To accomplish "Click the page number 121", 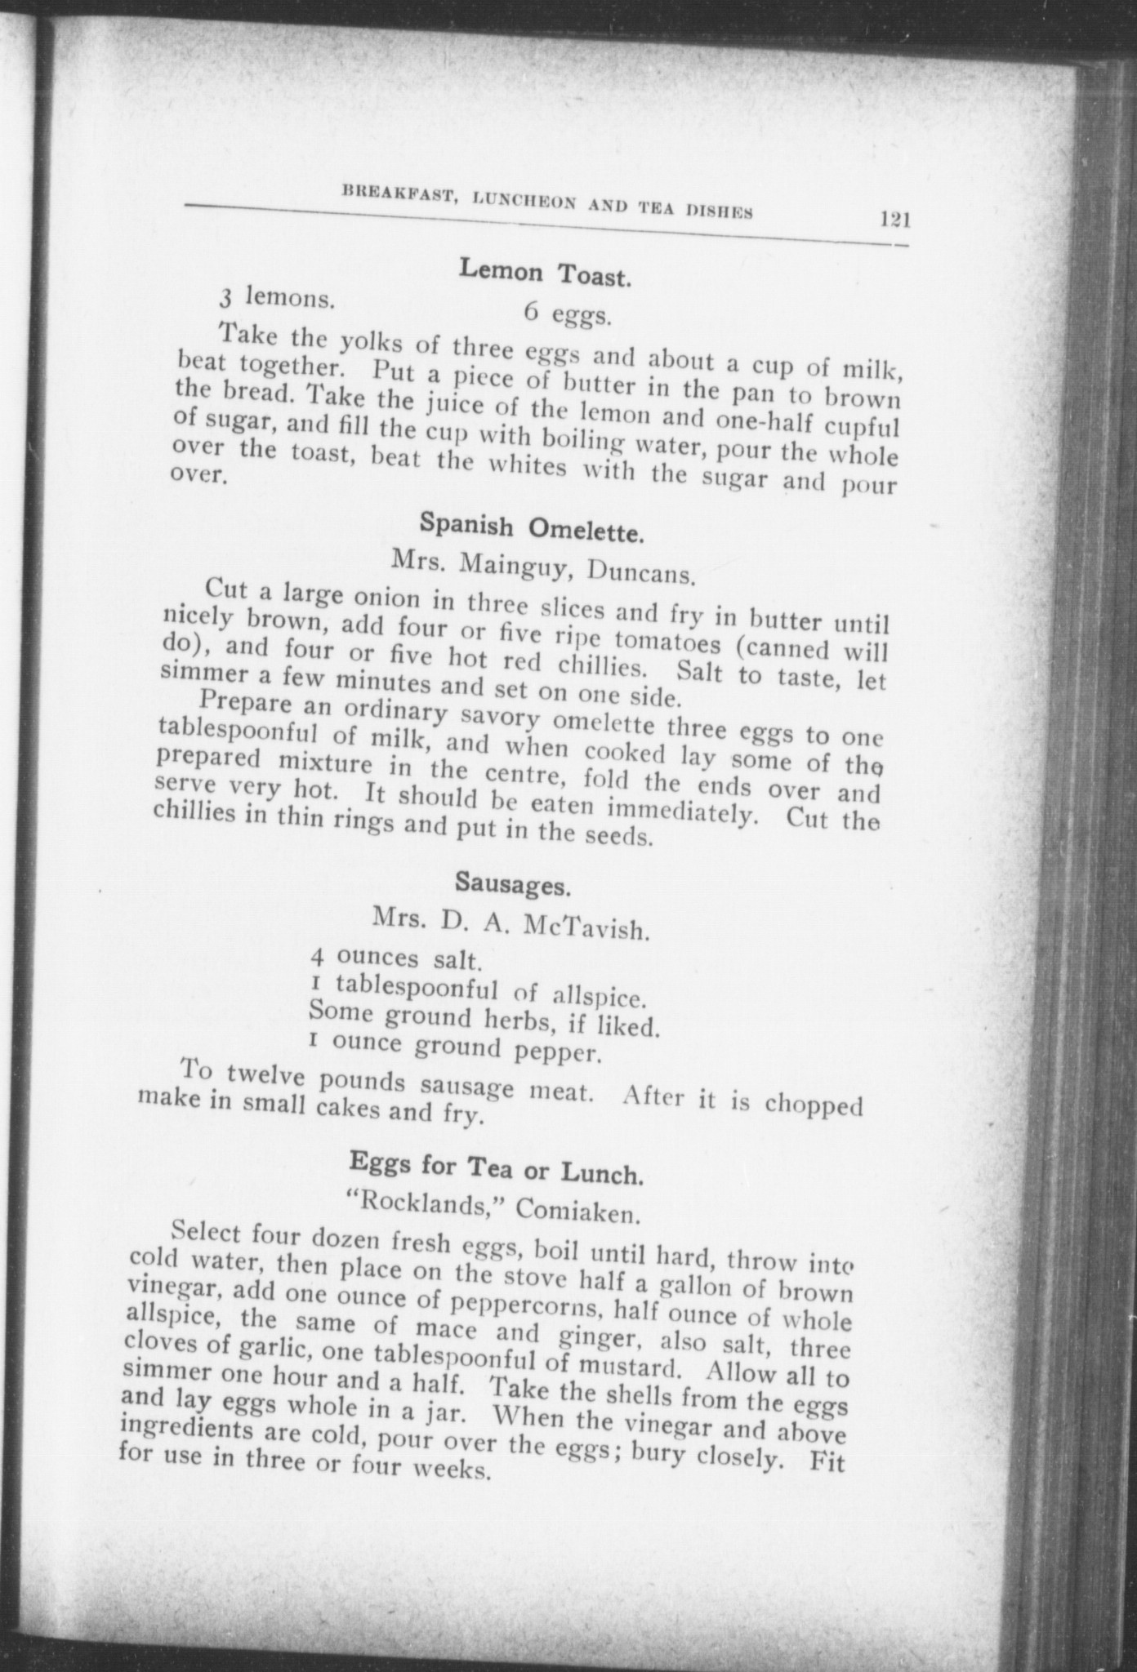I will pyautogui.click(x=894, y=220).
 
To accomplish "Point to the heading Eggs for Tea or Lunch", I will pyautogui.click(x=497, y=1167).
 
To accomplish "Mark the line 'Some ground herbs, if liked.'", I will pyautogui.click(x=484, y=1021).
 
